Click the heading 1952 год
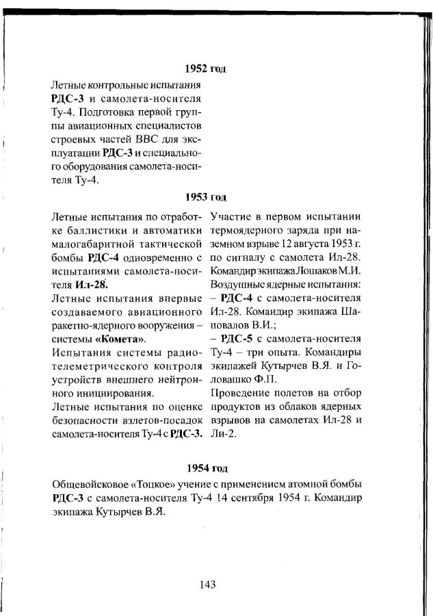[206, 69]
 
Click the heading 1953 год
[206, 198]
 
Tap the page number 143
[208, 584]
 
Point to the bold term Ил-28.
[91, 284]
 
